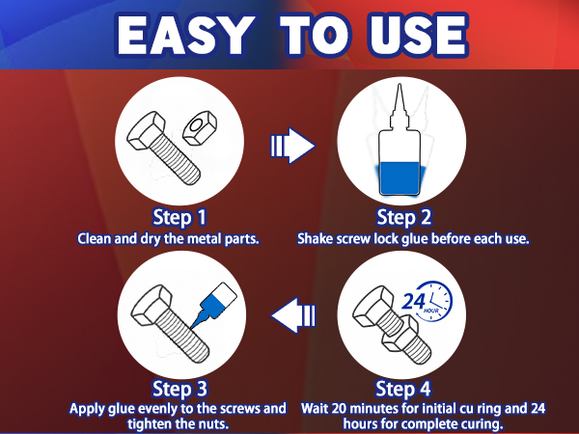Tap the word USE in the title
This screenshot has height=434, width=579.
point(418,36)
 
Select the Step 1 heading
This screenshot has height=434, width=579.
point(179,217)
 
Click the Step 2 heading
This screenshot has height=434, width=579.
point(403,217)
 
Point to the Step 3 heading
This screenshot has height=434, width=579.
point(179,389)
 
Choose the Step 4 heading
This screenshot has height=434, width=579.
point(402,389)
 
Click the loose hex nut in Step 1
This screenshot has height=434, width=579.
point(200,128)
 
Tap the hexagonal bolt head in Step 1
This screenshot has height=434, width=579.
point(146,130)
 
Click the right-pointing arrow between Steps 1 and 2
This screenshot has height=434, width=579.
point(292,146)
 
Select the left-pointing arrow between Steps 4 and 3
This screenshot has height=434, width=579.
point(294,315)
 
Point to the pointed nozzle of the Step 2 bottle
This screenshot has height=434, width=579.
point(400,106)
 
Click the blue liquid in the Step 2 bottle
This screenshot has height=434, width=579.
point(400,178)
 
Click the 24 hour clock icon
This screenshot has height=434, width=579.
point(427,301)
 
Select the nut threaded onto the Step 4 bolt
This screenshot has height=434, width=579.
point(400,334)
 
